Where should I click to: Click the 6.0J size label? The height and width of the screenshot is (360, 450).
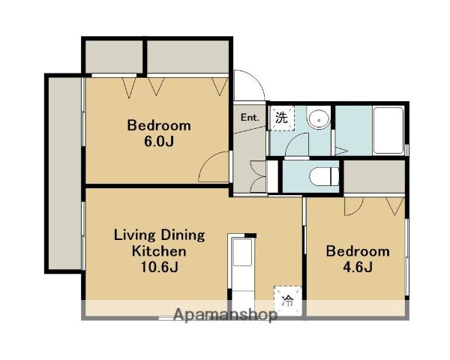159,142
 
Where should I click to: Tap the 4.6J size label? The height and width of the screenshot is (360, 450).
358,267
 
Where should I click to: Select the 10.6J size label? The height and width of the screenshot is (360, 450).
159,267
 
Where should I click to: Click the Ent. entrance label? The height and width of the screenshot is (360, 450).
250,118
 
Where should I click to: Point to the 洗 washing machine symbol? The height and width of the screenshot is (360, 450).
281,118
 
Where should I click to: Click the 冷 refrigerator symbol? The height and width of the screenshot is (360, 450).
287,301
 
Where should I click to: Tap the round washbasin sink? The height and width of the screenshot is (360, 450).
319,119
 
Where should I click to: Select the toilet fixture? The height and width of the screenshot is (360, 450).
324,176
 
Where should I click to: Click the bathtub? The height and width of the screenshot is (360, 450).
388,130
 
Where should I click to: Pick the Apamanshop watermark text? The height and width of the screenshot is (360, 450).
225,315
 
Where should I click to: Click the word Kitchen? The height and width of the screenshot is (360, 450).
159,251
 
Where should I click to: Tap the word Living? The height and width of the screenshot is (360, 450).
134,235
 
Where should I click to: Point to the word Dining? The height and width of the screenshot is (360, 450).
183,235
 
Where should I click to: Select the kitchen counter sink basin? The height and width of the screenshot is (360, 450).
242,252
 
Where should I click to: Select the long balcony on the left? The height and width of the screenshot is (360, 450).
64,173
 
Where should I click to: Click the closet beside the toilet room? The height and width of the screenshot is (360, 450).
374,176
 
